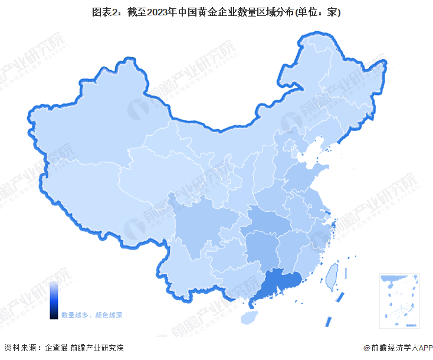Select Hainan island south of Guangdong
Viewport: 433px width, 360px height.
(x=250, y=318)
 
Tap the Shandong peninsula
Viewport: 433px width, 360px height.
(x=307, y=174)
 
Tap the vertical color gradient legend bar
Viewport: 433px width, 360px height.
(x=53, y=300)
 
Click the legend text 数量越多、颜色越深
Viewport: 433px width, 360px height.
(x=91, y=316)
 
